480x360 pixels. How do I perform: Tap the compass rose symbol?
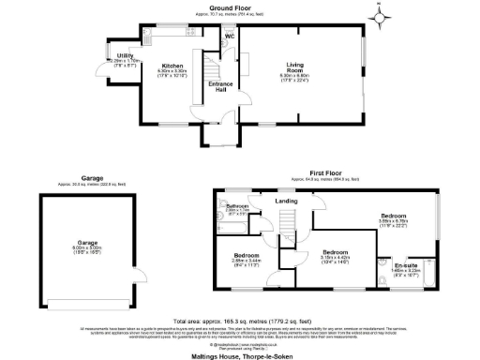point(380,16)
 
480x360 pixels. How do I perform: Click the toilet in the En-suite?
point(383,259)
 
